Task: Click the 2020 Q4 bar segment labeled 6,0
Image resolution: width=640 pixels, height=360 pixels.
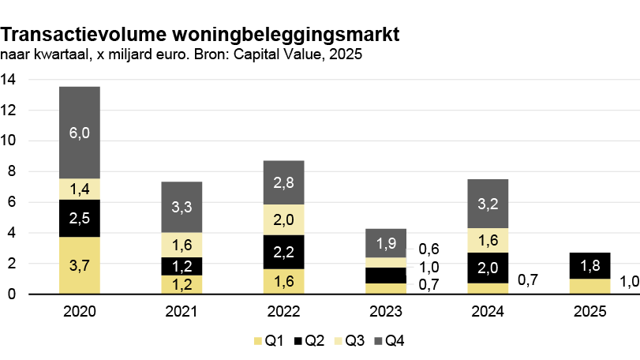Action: click(80, 133)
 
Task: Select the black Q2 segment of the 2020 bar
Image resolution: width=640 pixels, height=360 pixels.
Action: click(80, 219)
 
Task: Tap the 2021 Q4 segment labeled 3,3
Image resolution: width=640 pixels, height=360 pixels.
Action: click(182, 208)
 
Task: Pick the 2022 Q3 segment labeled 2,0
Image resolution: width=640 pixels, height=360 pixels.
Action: click(283, 219)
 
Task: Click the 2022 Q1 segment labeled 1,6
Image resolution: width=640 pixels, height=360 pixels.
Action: click(283, 281)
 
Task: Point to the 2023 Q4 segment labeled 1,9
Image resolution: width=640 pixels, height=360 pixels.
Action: click(386, 243)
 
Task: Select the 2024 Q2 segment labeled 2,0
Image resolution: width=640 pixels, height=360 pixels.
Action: click(488, 268)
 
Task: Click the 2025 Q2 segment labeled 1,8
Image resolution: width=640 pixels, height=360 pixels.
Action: click(589, 266)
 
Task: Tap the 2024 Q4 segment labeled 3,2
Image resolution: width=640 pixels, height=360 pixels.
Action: click(488, 204)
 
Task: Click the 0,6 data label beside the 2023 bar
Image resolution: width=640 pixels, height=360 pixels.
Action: click(429, 249)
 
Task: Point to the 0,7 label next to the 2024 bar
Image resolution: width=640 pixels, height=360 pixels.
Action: click(528, 280)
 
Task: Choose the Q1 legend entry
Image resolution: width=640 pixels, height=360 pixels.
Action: click(268, 340)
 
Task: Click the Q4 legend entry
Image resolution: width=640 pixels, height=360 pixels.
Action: click(389, 340)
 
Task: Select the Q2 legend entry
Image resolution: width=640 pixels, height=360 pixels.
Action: click(309, 340)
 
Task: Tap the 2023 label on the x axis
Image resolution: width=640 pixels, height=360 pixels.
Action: click(386, 311)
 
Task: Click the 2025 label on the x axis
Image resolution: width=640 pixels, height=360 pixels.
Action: click(589, 311)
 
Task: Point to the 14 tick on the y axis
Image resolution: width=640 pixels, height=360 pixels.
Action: click(8, 79)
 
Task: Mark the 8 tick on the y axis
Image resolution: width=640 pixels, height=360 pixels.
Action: click(11, 171)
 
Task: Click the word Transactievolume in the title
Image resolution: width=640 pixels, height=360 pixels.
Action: click(84, 35)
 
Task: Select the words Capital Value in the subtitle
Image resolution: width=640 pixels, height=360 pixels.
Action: click(277, 54)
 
